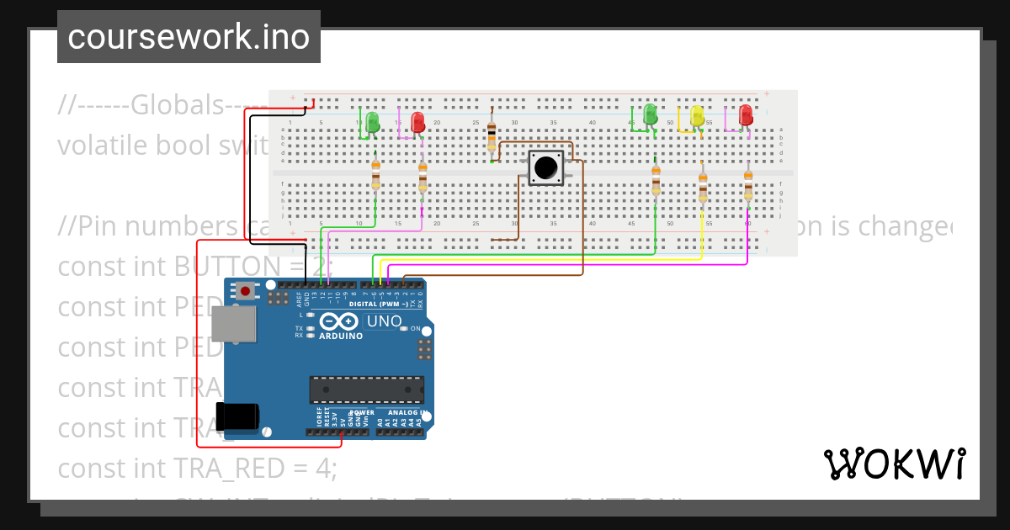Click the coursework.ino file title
(189, 38)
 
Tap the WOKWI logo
(894, 464)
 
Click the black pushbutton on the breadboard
(545, 167)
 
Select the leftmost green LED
(372, 121)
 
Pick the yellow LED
(697, 116)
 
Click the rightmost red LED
(745, 115)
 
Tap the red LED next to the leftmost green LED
(417, 122)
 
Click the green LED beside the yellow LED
(649, 114)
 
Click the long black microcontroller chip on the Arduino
(366, 390)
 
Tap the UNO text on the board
(385, 321)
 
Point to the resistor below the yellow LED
(703, 188)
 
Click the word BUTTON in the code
(222, 267)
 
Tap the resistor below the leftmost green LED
(375, 176)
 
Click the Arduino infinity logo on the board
(340, 321)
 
